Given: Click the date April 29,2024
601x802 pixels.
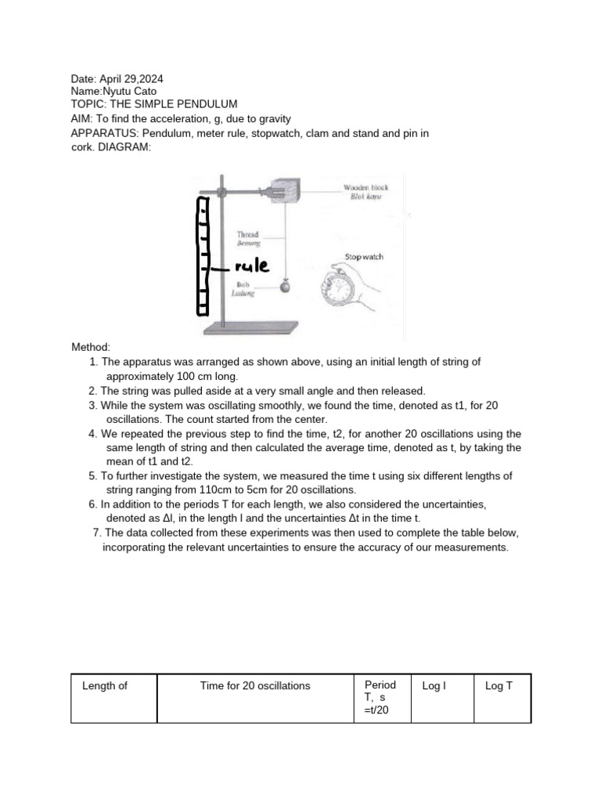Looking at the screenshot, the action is click(131, 79).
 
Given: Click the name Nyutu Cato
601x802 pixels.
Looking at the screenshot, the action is click(130, 92).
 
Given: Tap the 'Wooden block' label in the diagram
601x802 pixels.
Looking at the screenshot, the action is click(366, 188).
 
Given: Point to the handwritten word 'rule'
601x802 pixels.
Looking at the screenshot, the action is click(251, 266).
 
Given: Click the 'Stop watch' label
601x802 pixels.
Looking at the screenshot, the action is click(364, 257).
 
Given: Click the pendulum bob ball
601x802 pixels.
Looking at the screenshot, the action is click(285, 286).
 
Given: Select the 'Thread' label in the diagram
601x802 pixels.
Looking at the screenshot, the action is click(248, 234).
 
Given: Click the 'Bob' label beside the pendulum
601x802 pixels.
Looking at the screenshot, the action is click(243, 284).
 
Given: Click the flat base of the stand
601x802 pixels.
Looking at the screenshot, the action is click(251, 327).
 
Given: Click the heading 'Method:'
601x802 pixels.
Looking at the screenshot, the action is click(91, 347).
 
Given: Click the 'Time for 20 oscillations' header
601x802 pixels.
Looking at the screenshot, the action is click(255, 686).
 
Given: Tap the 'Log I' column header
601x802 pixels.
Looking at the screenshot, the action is click(434, 686).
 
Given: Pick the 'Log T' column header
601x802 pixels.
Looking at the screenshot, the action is click(498, 686).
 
